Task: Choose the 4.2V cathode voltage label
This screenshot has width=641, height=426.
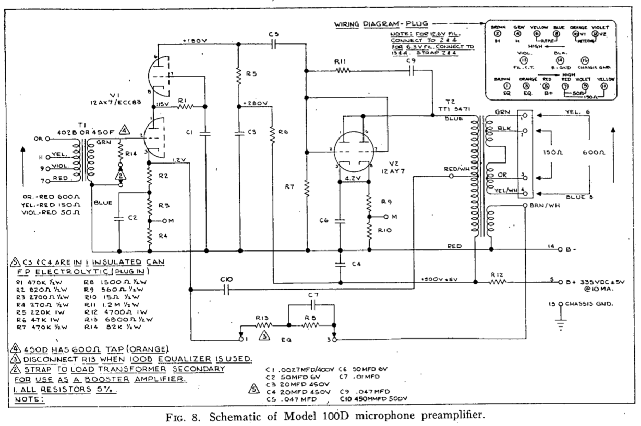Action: (354, 177)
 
